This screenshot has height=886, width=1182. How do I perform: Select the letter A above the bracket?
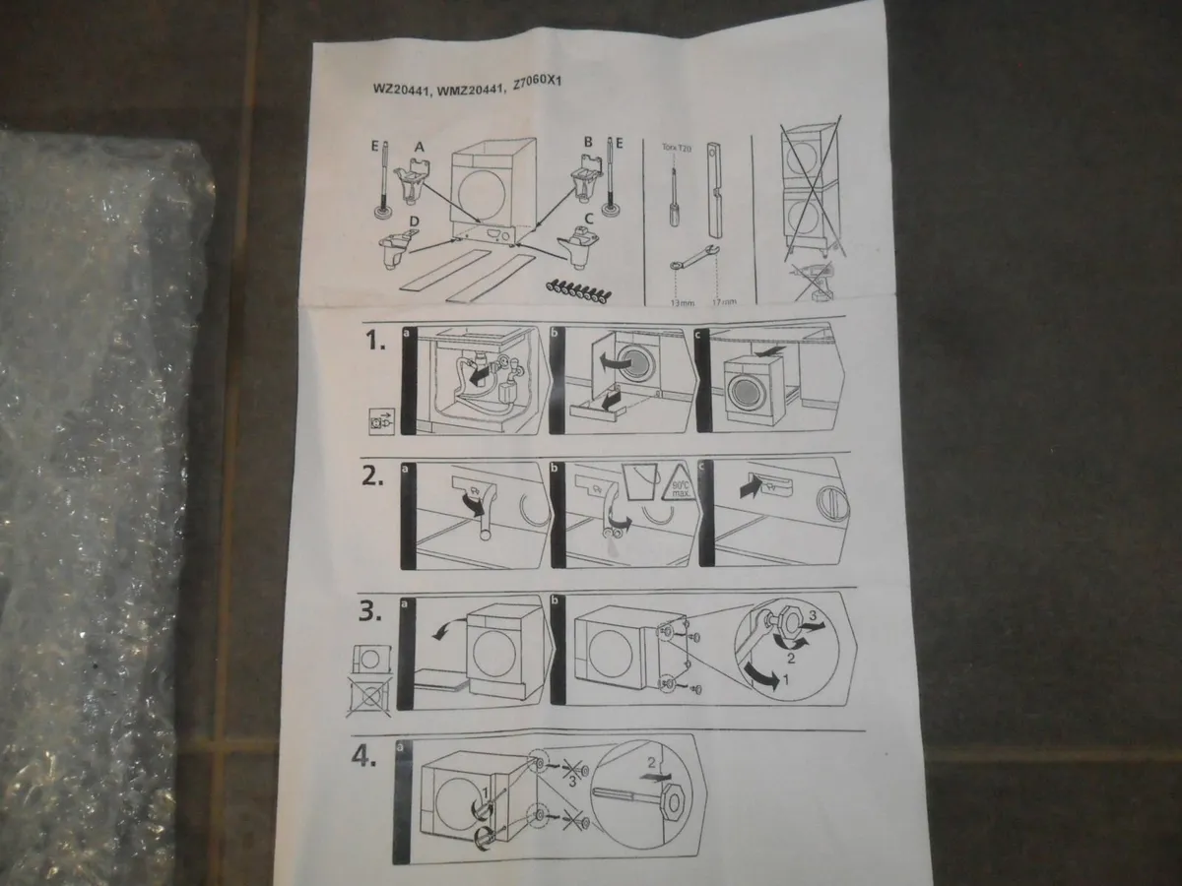pyautogui.click(x=419, y=145)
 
